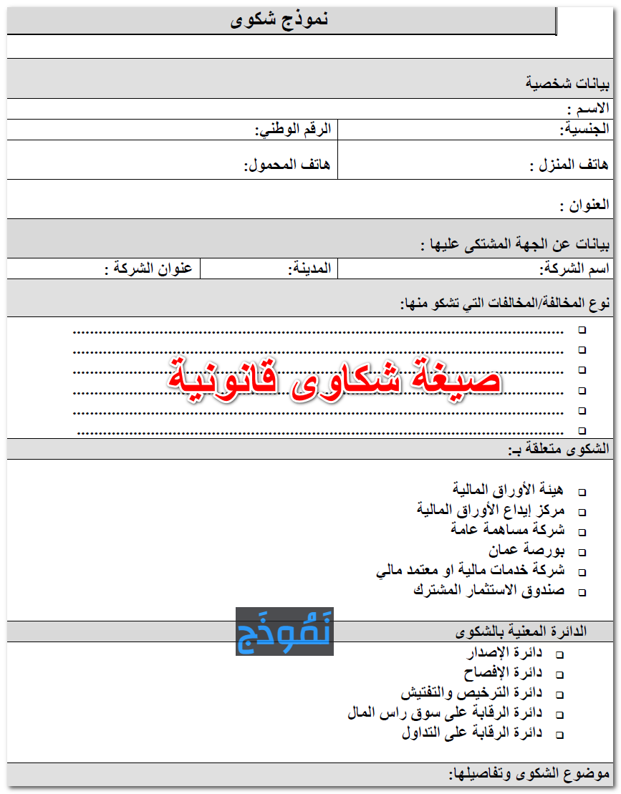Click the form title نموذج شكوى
coord(279,20)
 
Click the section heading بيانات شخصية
coord(567,84)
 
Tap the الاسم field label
coord(587,109)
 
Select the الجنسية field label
coord(584,130)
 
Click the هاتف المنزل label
coord(569,165)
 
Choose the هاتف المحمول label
coord(287,165)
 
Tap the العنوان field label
coord(584,205)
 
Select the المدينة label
coord(309,269)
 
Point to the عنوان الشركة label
coord(149,269)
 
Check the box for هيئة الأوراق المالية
coord(582,493)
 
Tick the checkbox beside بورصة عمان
coord(582,553)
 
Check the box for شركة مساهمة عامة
coord(582,533)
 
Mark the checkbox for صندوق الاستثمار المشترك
coord(582,593)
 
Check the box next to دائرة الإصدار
coord(559,655)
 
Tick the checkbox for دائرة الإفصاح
coord(559,675)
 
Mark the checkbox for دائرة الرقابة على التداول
coord(559,735)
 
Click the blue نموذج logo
coord(284,631)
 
